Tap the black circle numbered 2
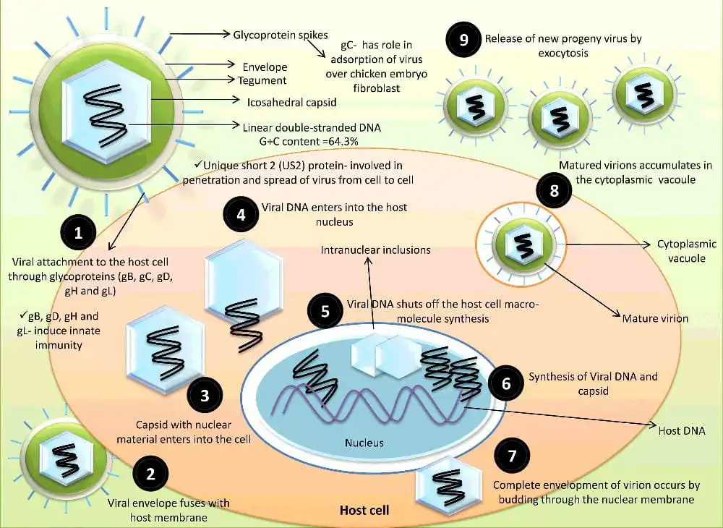[150, 474]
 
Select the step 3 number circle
[205, 395]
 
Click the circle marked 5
[325, 312]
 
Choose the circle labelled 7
[512, 457]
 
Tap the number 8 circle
[555, 192]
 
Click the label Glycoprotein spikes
[281, 35]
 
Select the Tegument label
[262, 80]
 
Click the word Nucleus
[364, 443]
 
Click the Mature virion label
[655, 318]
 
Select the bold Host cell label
[364, 511]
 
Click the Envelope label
[265, 67]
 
